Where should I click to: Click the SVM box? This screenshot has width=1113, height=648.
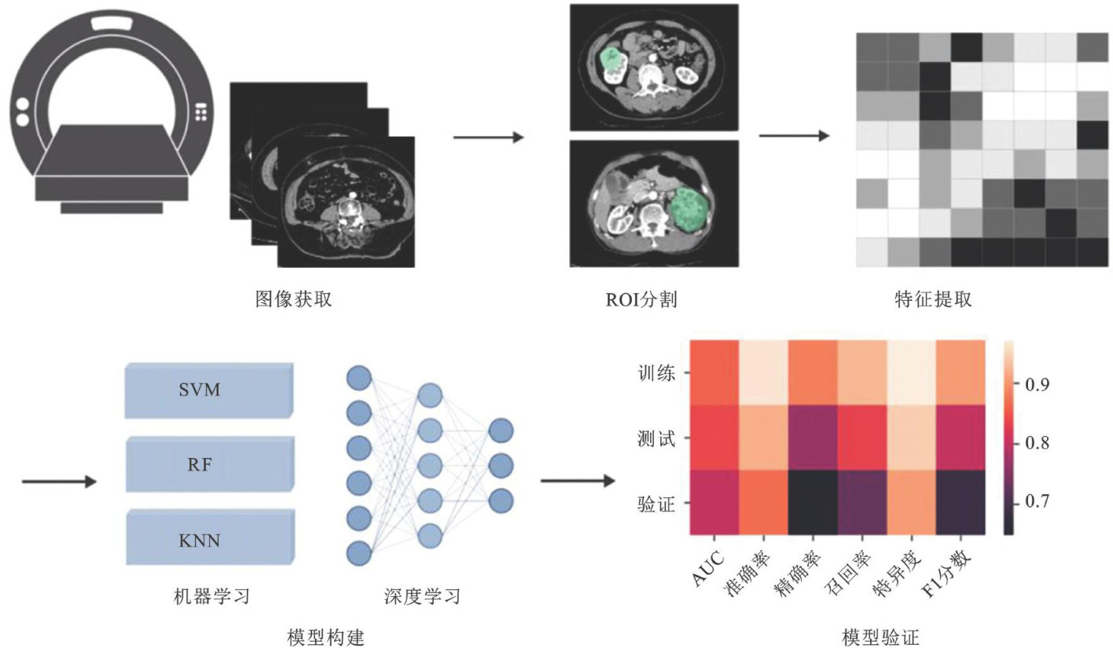(x=208, y=390)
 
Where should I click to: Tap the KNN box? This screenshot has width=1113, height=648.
(x=208, y=540)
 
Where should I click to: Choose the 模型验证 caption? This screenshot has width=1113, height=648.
(x=880, y=635)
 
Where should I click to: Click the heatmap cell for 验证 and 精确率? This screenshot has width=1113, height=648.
(x=812, y=503)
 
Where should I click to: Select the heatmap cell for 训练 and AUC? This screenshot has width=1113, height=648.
(x=714, y=372)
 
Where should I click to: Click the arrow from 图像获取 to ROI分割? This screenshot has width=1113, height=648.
(x=488, y=137)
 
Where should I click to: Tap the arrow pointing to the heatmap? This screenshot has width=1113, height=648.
(x=578, y=481)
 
